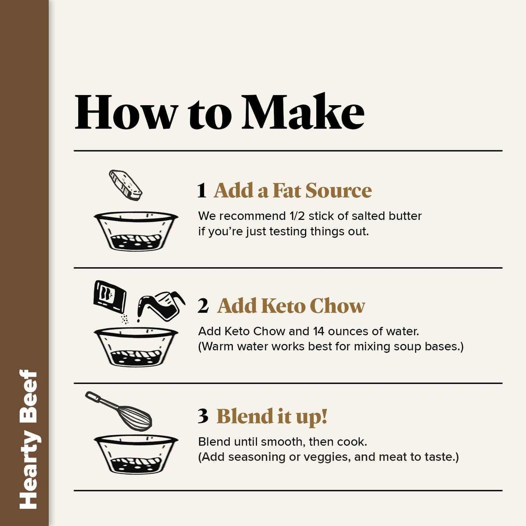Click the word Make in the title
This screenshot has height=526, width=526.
click(x=303, y=111)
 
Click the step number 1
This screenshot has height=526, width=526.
click(x=202, y=190)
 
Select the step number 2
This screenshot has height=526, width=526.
click(x=203, y=305)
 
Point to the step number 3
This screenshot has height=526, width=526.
click(x=203, y=416)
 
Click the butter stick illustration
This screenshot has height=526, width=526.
click(x=126, y=185)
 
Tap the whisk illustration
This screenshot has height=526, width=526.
click(x=119, y=411)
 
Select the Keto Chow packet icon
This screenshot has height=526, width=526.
click(x=110, y=296)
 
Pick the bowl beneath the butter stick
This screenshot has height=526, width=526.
click(x=136, y=231)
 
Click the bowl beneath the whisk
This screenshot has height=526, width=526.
click(x=136, y=455)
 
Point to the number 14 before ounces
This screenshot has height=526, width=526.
click(x=319, y=331)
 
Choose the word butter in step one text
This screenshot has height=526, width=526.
click(x=405, y=216)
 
